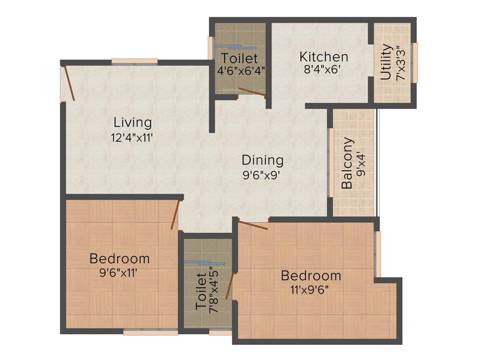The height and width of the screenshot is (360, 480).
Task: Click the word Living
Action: tap(133, 123)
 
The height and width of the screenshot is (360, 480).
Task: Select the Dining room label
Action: tap(262, 160)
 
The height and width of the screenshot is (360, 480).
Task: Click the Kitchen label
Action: tap(324, 57)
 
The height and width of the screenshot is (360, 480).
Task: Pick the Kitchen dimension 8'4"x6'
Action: tap(322, 71)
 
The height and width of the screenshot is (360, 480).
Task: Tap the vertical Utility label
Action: tap(386, 62)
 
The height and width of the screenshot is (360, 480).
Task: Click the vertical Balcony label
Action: tap(347, 163)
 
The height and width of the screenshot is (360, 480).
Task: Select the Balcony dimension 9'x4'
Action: tap(361, 163)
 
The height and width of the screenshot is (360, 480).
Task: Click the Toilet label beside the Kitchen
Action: tap(240, 59)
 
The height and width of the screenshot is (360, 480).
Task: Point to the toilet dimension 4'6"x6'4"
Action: tap(241, 71)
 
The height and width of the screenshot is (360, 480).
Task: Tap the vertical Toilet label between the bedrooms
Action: tap(201, 292)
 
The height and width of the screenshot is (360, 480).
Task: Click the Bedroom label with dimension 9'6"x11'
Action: tap(120, 258)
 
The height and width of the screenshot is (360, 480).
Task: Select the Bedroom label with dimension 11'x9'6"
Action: tap(311, 275)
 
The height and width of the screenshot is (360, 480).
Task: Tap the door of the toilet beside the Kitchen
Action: tap(252, 92)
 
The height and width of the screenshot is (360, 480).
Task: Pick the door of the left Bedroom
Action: tap(176, 215)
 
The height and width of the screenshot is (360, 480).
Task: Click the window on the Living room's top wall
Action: tap(135, 61)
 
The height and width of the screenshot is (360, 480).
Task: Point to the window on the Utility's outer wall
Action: tap(414, 62)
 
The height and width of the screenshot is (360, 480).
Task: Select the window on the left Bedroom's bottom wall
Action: tap(150, 332)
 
